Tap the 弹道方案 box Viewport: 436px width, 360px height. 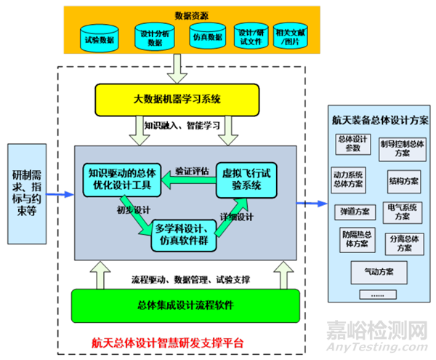[354, 211]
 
